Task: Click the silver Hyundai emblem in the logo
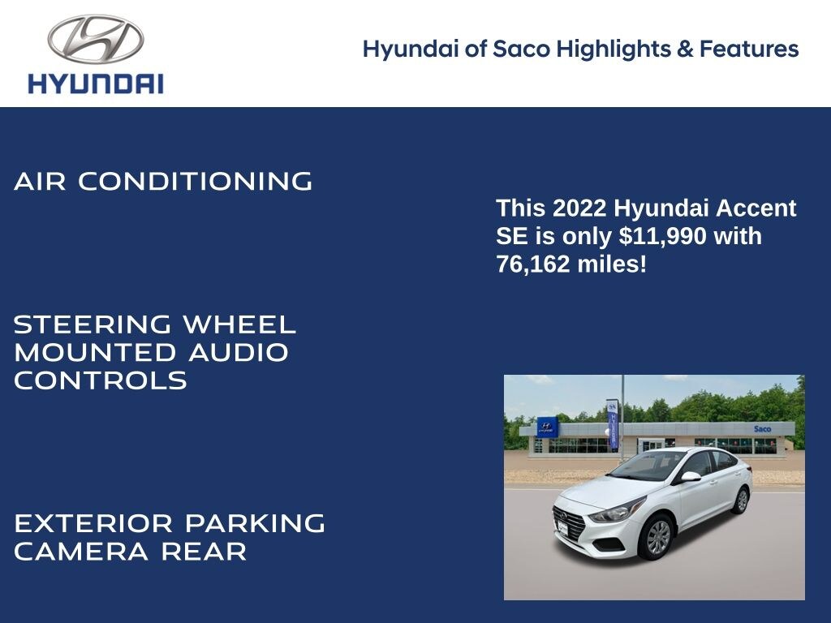pyautogui.click(x=96, y=39)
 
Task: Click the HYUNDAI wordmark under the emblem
pyautogui.click(x=96, y=84)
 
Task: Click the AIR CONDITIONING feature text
pyautogui.click(x=163, y=181)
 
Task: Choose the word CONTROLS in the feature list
pyautogui.click(x=101, y=380)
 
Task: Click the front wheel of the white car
pyautogui.click(x=657, y=537)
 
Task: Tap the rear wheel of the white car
pyautogui.click(x=740, y=501)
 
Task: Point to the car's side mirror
pyautogui.click(x=690, y=476)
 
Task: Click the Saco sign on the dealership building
pyautogui.click(x=762, y=428)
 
